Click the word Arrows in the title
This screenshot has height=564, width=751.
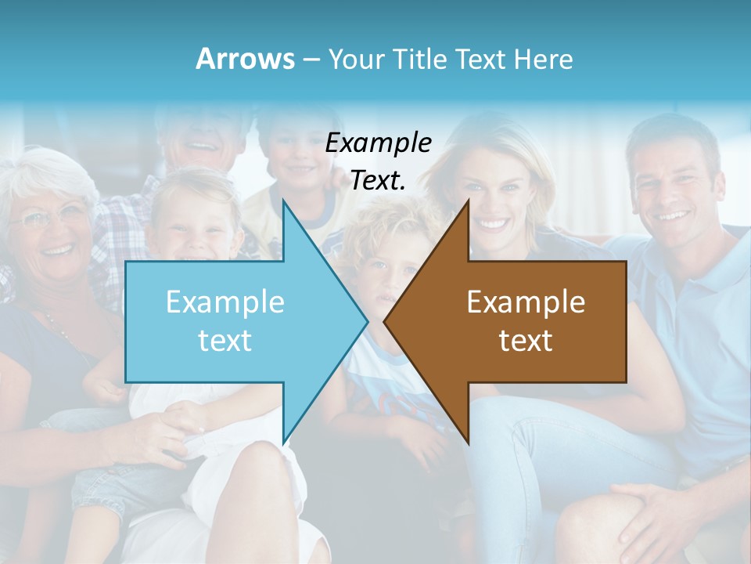246,59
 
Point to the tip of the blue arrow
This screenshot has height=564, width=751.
366,321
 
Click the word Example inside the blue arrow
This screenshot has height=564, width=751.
225,302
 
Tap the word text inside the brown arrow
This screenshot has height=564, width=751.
526,340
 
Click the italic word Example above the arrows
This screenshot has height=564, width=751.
379,143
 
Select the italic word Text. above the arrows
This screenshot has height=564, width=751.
379,181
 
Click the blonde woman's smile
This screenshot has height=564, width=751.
492,222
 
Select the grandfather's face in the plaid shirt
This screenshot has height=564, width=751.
202,133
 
